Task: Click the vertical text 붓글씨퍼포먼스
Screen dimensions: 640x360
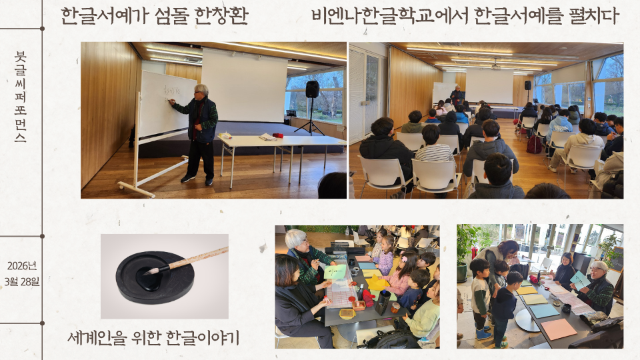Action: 20,97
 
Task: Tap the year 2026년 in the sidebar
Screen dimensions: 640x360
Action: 22,266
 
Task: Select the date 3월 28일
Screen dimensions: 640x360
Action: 22,281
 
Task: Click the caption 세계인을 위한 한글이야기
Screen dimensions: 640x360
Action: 153,338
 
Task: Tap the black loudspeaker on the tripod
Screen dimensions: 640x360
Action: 312,89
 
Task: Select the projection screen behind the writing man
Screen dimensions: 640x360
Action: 245,85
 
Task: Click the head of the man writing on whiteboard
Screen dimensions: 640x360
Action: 201,90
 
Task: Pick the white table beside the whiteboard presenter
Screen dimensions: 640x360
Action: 281,141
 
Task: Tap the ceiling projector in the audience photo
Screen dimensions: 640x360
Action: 496,66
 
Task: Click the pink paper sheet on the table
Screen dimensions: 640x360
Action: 559,329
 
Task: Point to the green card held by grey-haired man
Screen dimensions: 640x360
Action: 335,272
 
